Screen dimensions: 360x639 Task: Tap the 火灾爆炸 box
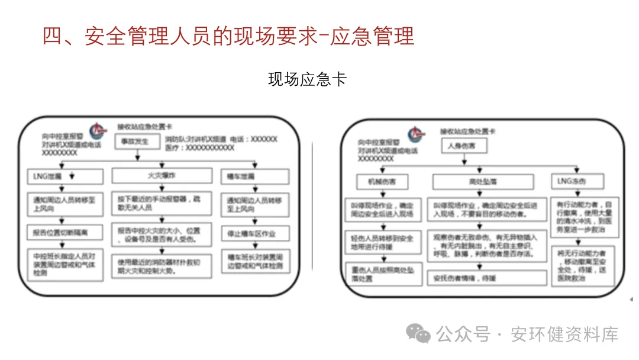pos(161,176)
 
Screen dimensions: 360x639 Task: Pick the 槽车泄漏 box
pos(256,176)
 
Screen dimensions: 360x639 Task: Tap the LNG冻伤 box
pos(577,181)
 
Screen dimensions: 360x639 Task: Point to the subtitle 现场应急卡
pos(307,79)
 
